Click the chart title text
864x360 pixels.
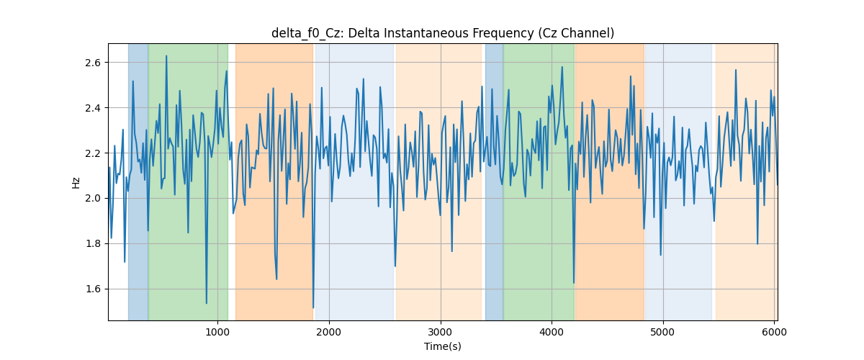[x=442, y=33]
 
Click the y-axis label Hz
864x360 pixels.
[x=76, y=182]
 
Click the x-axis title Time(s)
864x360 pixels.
[x=442, y=346]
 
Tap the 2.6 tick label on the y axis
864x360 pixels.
[x=93, y=63]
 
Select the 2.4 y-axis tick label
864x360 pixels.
[x=93, y=108]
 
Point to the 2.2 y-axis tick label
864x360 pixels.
[x=93, y=153]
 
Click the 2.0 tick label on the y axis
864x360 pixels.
[x=93, y=198]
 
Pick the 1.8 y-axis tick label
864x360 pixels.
[x=93, y=244]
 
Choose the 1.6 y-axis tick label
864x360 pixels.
[x=93, y=289]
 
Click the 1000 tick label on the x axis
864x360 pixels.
[x=217, y=332]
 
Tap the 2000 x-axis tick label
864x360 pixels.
[x=329, y=332]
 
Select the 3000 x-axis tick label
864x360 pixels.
[x=441, y=332]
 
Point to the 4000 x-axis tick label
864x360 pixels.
[x=552, y=332]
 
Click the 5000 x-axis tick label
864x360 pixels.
[x=663, y=332]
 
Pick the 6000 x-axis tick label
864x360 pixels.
[x=774, y=332]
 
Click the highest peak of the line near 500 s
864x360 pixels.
[x=166, y=56]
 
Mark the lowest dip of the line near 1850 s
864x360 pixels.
[x=313, y=307]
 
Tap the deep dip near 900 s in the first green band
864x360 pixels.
[x=207, y=303]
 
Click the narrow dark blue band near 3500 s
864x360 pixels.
[x=494, y=181]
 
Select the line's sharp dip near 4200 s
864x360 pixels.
[x=574, y=283]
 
